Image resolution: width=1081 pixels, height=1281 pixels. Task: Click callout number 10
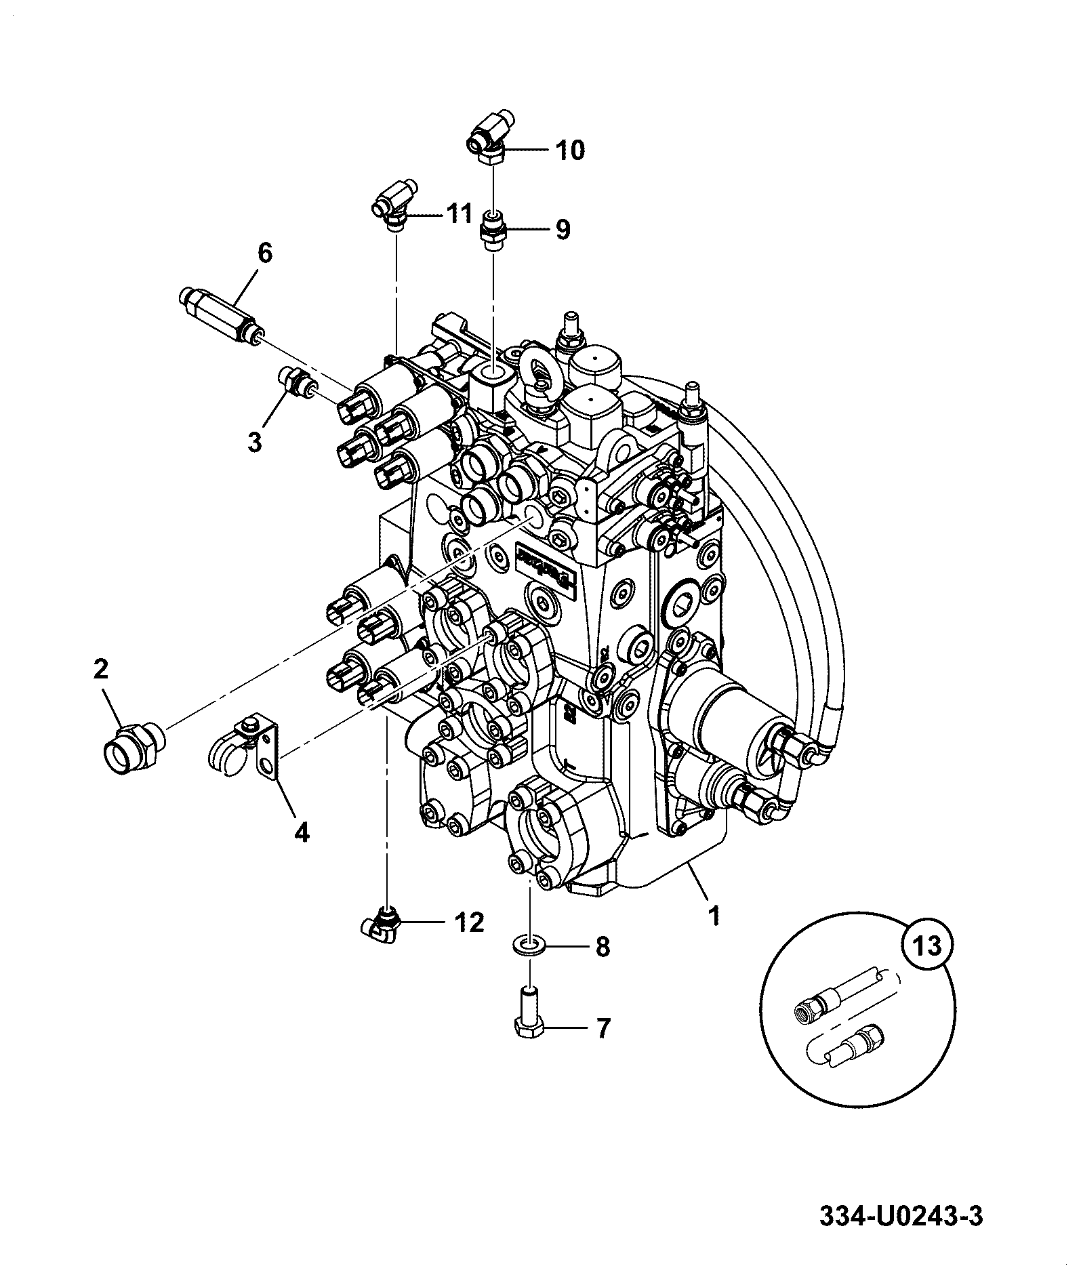point(570,150)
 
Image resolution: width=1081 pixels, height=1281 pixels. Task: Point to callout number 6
point(264,254)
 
